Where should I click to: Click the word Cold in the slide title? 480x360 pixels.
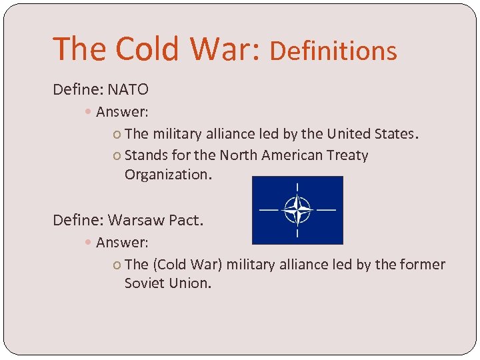point(145,49)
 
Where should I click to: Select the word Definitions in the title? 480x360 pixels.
point(333,51)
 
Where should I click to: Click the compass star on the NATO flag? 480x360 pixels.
point(297,210)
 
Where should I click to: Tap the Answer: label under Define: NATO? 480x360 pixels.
point(122,111)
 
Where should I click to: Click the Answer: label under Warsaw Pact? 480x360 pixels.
point(122,242)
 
